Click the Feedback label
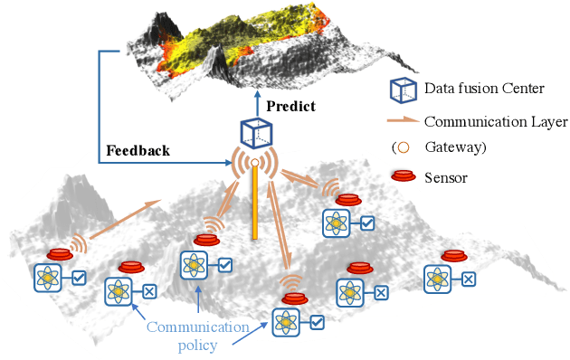(137, 150)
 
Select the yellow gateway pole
(255, 203)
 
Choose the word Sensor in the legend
(445, 177)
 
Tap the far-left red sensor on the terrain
(61, 254)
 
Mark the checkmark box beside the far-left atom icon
(79, 278)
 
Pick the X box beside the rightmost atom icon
(468, 279)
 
